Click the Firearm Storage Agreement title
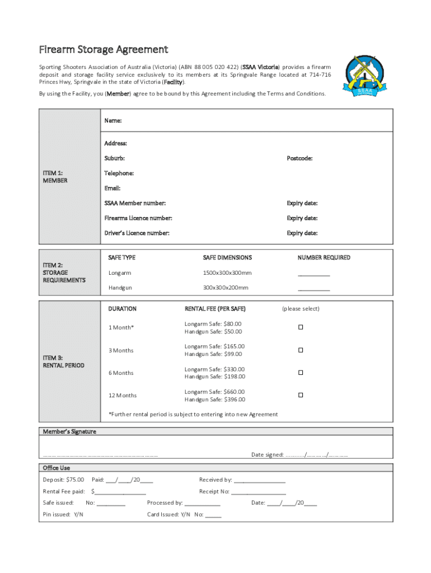[103, 50]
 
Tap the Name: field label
[113, 120]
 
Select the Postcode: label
[299, 158]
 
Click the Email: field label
[113, 189]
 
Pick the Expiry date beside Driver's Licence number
[302, 233]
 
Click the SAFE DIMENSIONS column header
[227, 257]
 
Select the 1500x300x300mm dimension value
[227, 273]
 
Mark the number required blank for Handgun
[313, 289]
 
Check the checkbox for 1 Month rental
[301, 327]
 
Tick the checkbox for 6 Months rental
[301, 373]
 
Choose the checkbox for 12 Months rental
[301, 395]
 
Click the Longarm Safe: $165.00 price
[214, 346]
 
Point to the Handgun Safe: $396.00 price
[215, 400]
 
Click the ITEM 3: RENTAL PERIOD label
[64, 361]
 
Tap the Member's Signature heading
[69, 431]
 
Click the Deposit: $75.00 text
[63, 480]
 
